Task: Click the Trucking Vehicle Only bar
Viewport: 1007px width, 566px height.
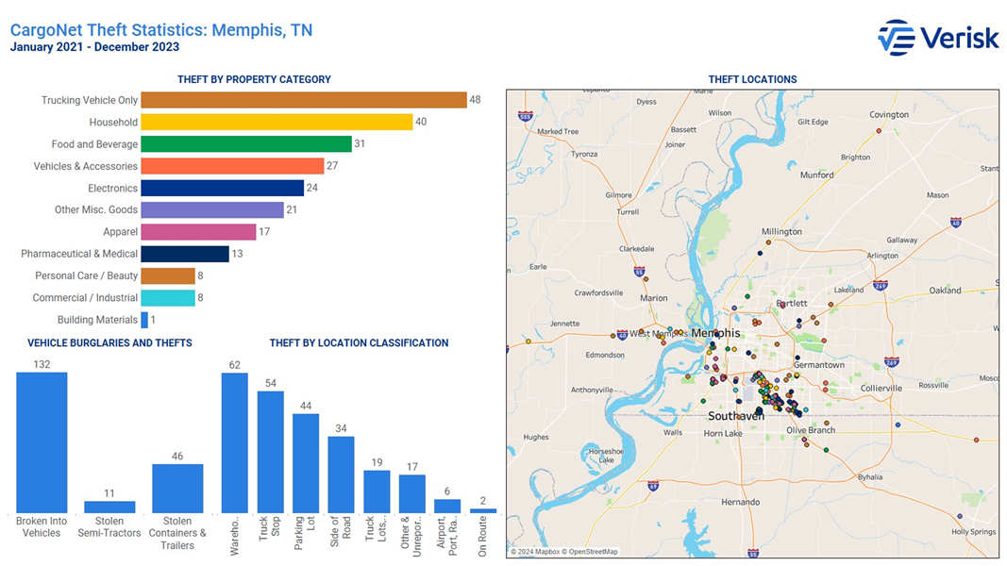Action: click(304, 100)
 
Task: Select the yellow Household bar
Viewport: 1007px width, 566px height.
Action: click(277, 122)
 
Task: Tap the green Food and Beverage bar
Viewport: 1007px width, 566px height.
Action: click(246, 144)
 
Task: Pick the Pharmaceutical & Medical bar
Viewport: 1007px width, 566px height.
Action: click(185, 254)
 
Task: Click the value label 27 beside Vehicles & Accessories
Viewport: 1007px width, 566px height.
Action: click(331, 166)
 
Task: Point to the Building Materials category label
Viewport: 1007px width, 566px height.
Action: click(97, 320)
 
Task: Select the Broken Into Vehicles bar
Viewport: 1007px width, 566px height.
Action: click(42, 441)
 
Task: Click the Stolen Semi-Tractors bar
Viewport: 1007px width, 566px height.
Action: click(109, 507)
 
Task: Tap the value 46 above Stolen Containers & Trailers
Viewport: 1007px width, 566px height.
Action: click(177, 457)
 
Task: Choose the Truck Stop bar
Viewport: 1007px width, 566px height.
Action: click(271, 451)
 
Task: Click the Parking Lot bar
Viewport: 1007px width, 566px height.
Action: click(306, 462)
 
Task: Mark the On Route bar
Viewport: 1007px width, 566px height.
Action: click(483, 510)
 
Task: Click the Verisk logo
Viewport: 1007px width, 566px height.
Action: click(937, 38)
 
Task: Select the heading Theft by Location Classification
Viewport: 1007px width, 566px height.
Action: click(359, 343)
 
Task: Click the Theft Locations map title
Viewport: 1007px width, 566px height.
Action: click(752, 80)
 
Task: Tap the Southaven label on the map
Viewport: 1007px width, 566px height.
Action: click(736, 415)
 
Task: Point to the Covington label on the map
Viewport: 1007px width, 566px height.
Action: click(889, 115)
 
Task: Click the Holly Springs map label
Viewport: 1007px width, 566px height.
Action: click(973, 532)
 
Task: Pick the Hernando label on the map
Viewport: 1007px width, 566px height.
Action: click(739, 503)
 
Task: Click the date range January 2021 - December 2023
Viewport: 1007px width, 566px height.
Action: click(94, 47)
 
